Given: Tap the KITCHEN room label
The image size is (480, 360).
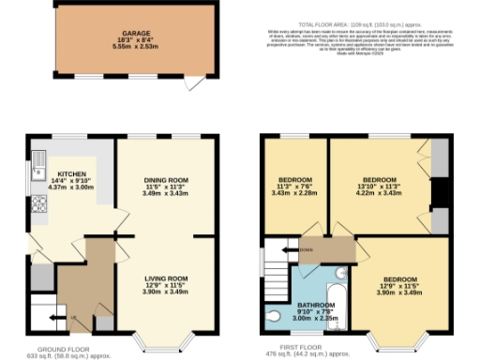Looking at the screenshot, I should pyautogui.click(x=72, y=174).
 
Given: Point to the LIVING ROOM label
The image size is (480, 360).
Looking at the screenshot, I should pyautogui.click(x=166, y=278).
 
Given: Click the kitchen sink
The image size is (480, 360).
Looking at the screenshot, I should pyautogui.click(x=36, y=169).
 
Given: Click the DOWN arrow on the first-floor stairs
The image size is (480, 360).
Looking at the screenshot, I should pyautogui.click(x=304, y=250).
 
